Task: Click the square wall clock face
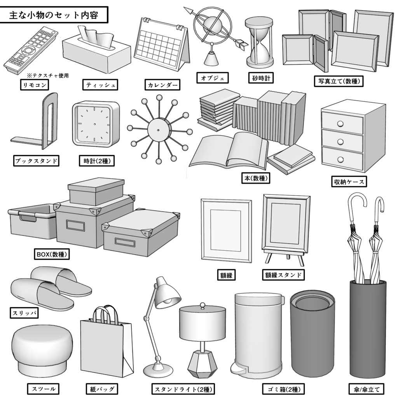click(95, 124)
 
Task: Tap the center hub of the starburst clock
click(158, 128)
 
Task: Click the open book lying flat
click(229, 152)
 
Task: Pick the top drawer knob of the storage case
click(340, 124)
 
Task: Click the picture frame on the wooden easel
click(286, 223)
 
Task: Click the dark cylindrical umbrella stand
click(367, 334)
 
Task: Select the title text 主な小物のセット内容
click(54, 16)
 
